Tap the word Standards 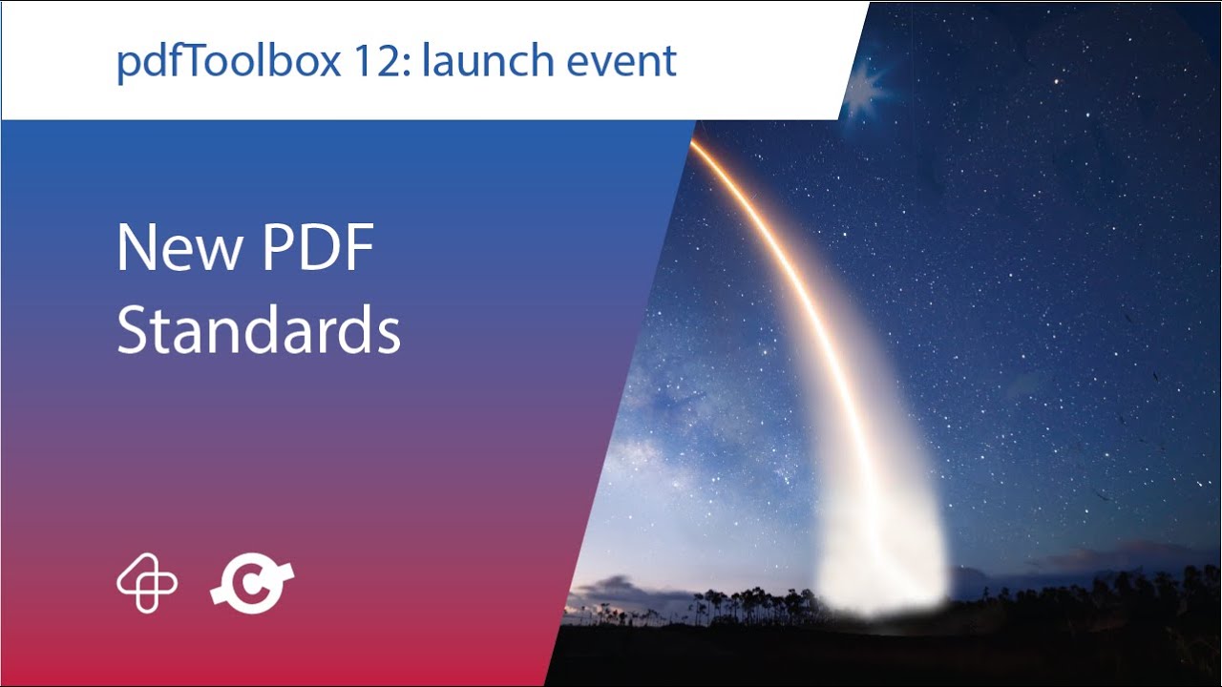point(258,331)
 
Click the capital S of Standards point(134,331)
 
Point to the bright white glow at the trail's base point(883,563)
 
